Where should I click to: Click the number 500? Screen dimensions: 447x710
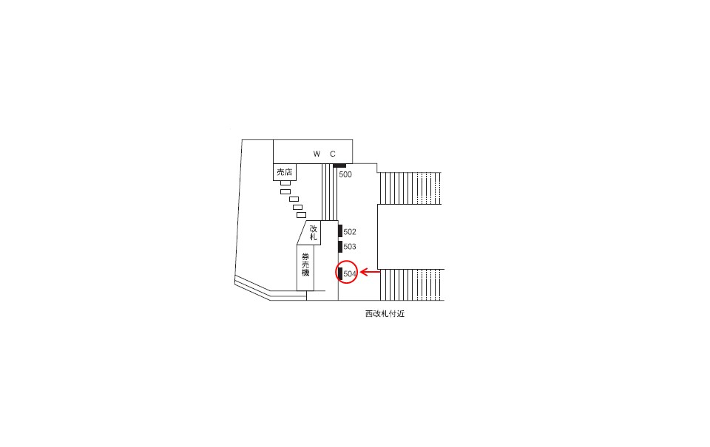pyautogui.click(x=345, y=175)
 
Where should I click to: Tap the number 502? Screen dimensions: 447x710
pyautogui.click(x=350, y=232)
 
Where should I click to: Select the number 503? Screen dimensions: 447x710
pyautogui.click(x=350, y=247)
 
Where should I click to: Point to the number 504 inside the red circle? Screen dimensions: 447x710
pyautogui.click(x=351, y=274)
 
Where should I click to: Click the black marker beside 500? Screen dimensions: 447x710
pyautogui.click(x=339, y=166)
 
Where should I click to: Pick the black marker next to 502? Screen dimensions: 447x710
pyautogui.click(x=339, y=231)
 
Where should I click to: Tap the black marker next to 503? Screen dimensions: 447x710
pyautogui.click(x=339, y=247)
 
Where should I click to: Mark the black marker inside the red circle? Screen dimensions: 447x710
pyautogui.click(x=339, y=273)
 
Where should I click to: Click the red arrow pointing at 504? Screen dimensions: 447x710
pyautogui.click(x=370, y=273)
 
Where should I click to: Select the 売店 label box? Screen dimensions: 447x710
pyautogui.click(x=285, y=172)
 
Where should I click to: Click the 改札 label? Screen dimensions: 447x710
pyautogui.click(x=314, y=233)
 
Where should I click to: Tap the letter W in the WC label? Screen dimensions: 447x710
pyautogui.click(x=317, y=154)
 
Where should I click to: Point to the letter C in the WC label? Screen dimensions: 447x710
pyautogui.click(x=333, y=154)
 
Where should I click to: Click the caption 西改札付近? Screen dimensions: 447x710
pyautogui.click(x=385, y=314)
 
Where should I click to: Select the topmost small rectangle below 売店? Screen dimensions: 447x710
pyautogui.click(x=285, y=182)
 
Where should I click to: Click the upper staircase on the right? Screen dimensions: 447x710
pyautogui.click(x=410, y=188)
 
